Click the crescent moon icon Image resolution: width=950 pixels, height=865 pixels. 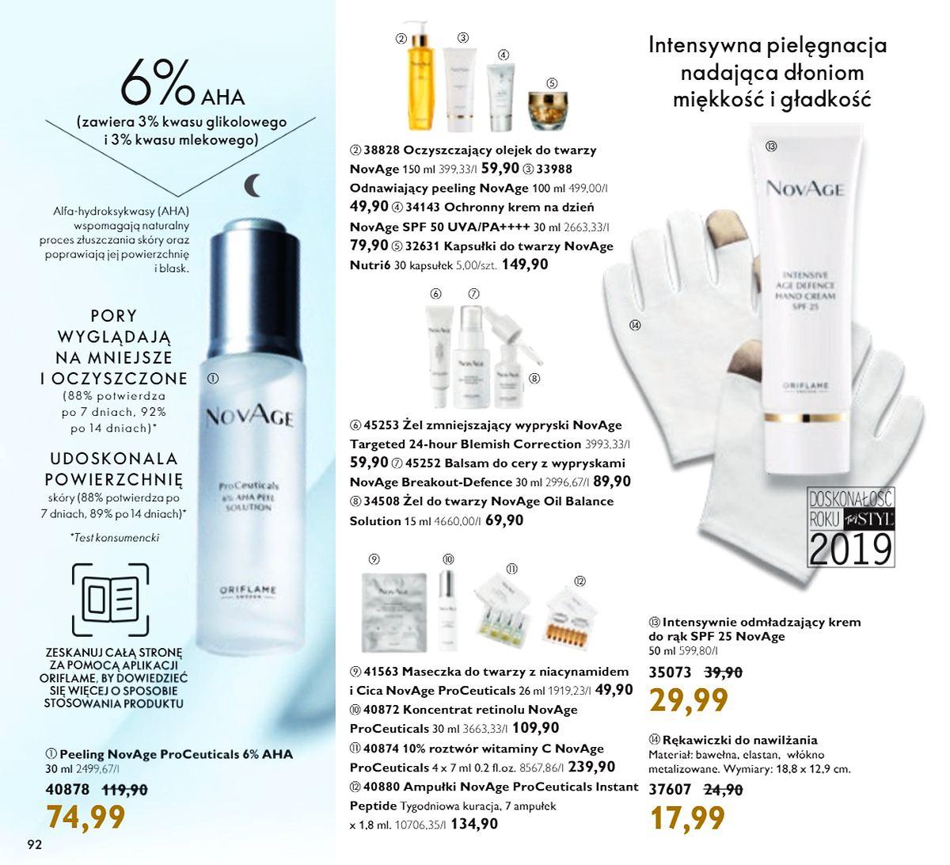pyautogui.click(x=253, y=185)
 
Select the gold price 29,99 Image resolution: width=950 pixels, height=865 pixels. pyautogui.click(x=688, y=699)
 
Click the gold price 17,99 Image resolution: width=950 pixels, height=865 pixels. pyautogui.click(x=687, y=818)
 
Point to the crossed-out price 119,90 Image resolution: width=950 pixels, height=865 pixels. pyautogui.click(x=125, y=790)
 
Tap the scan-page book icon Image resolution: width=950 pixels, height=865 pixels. pyautogui.click(x=110, y=600)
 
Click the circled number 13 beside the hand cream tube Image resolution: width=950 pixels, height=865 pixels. pyautogui.click(x=771, y=146)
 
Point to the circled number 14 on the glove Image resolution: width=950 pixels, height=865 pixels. pyautogui.click(x=635, y=325)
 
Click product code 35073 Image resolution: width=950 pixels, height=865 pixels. pyautogui.click(x=670, y=672)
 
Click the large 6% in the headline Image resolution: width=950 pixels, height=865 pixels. pyautogui.click(x=156, y=81)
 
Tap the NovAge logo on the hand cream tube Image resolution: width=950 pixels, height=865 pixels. pyautogui.click(x=804, y=189)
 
